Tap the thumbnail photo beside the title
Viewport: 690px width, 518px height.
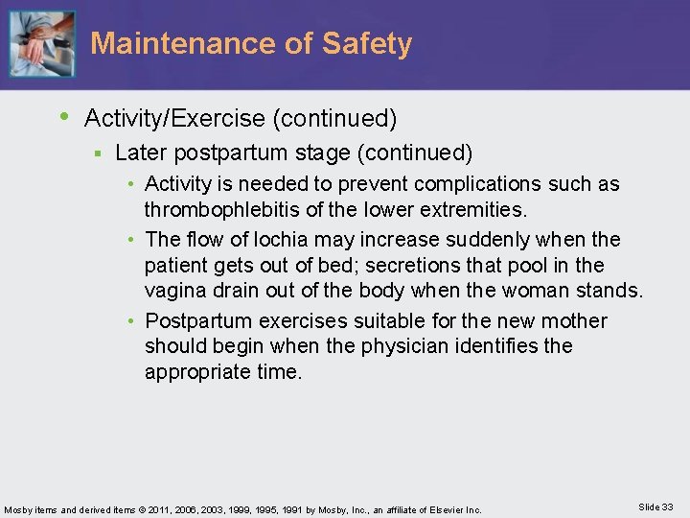tap(41, 43)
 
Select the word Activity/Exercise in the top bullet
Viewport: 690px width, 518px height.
tap(175, 118)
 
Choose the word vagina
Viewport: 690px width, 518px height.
tap(176, 291)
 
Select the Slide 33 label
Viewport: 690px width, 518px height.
tap(655, 506)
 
